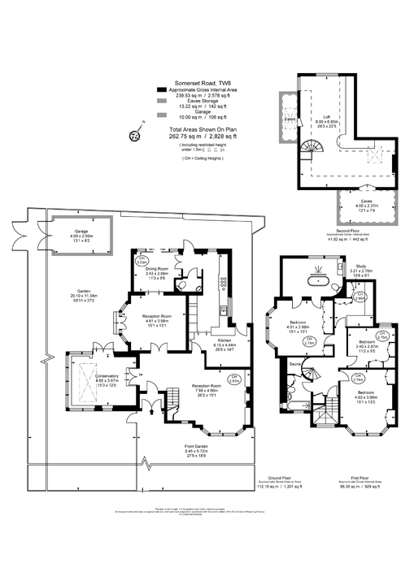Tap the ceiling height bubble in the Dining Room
click(140, 262)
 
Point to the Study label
click(360, 267)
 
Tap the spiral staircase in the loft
click(312, 149)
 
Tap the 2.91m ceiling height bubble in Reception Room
click(234, 378)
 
